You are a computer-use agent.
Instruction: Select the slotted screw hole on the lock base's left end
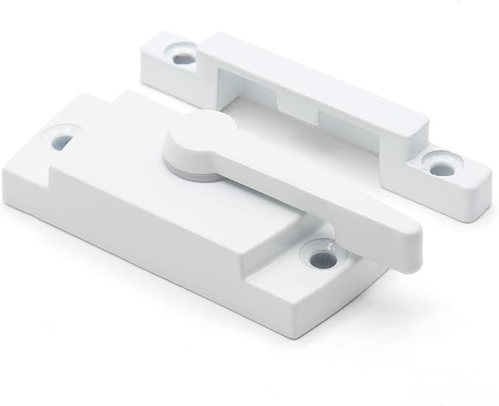click(x=62, y=137)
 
